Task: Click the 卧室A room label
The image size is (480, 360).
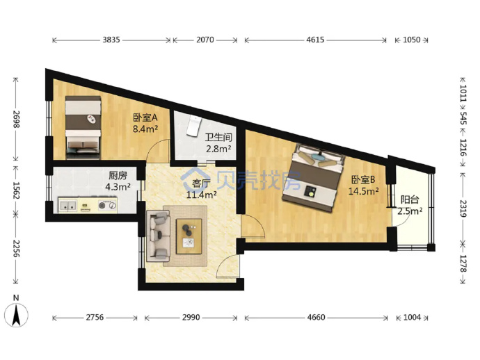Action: tap(145, 117)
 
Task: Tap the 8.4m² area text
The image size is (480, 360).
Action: tap(145, 129)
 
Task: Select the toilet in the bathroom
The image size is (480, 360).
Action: tap(193, 125)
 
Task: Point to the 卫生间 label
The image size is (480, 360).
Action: tap(218, 138)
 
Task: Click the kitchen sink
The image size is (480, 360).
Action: tap(68, 205)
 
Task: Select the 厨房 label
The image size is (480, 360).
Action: tap(118, 175)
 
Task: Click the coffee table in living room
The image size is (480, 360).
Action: tap(189, 236)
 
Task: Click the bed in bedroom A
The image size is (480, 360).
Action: tap(83, 128)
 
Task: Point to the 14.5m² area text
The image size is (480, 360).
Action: tap(363, 191)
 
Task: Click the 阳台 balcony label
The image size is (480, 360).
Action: tap(410, 199)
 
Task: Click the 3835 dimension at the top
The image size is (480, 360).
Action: tap(111, 40)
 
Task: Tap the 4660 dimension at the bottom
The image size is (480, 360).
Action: tap(316, 318)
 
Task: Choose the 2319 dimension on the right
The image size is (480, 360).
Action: tap(463, 208)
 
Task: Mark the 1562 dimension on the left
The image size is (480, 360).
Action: tap(16, 190)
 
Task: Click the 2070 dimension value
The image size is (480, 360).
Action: tap(205, 40)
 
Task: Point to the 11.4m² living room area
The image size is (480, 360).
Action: tap(202, 195)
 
